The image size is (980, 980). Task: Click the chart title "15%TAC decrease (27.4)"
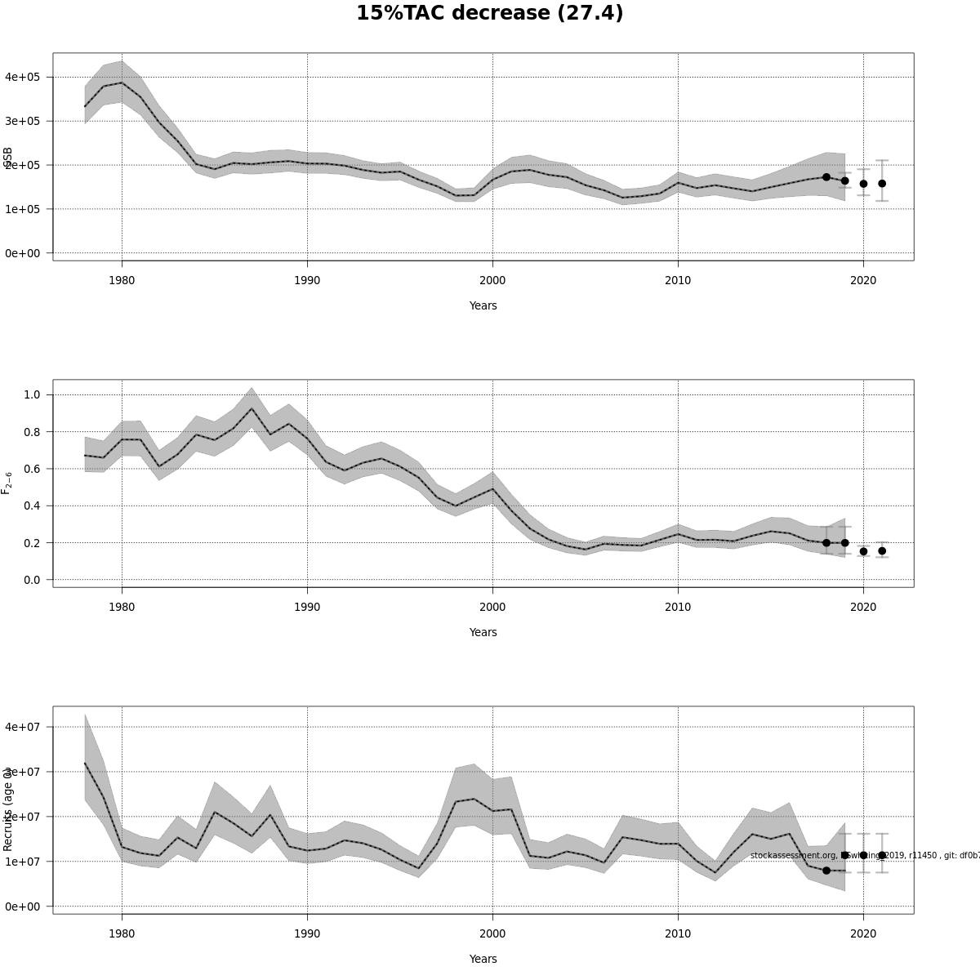(489, 14)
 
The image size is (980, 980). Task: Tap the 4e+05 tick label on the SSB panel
(22, 77)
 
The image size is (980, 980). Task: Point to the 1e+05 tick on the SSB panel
(22, 209)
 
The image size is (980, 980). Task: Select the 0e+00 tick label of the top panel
(22, 253)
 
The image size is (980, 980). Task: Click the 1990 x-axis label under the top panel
(307, 280)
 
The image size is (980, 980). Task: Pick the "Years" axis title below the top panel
(483, 305)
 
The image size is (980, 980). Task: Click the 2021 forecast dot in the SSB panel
(882, 184)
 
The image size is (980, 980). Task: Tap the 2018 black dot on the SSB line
(826, 177)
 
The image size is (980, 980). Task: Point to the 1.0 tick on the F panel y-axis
(33, 394)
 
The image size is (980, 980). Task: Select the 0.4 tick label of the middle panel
(33, 506)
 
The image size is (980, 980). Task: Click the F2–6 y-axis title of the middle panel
(7, 483)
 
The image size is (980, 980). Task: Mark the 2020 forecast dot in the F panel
(863, 551)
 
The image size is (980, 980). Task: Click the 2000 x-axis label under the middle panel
(492, 607)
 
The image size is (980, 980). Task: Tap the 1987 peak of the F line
(252, 409)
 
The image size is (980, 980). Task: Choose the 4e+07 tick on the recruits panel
(22, 727)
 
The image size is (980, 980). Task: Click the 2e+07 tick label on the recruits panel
(22, 817)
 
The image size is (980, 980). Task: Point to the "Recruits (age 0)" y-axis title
(7, 808)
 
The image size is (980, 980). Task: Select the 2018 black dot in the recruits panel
(826, 871)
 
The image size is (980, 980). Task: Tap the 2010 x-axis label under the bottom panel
(678, 933)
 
